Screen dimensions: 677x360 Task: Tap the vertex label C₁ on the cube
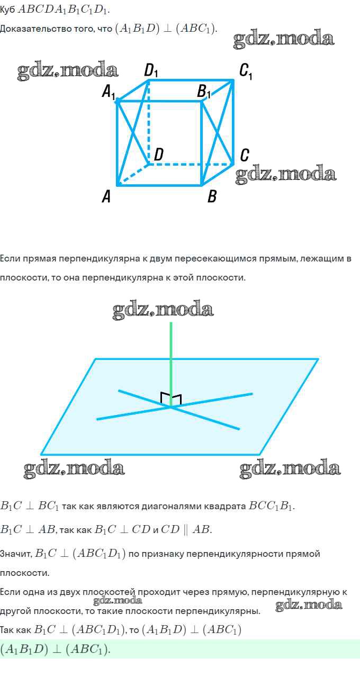point(245,71)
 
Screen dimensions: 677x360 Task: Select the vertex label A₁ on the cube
point(108,93)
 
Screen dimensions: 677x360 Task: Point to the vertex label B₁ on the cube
point(204,92)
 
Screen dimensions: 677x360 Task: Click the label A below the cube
point(106,197)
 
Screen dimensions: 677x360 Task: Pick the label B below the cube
point(212,197)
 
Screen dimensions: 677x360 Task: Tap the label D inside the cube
point(158,155)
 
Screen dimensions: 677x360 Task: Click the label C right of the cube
point(244,155)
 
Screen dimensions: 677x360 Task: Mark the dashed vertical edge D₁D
point(148,122)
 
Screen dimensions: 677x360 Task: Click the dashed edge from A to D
point(132,175)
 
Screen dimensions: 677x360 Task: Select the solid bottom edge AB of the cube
point(159,185)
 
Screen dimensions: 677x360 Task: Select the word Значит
point(16,554)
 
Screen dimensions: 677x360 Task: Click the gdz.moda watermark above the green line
point(163,310)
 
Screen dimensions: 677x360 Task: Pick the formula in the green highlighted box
point(55,649)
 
